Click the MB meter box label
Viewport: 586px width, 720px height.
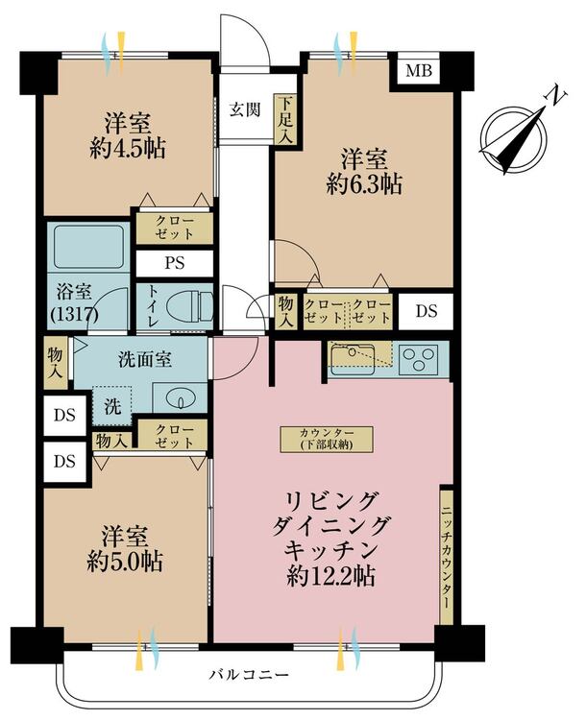pos(418,71)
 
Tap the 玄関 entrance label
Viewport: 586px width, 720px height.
pos(245,109)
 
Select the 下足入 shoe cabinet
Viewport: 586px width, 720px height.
pos(286,119)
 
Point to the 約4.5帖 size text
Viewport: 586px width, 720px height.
pos(128,148)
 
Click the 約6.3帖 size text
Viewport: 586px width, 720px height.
pos(364,183)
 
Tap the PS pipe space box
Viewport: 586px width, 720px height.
pos(175,263)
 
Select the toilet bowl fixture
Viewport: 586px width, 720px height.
pos(189,306)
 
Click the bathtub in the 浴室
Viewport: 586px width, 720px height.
pos(88,247)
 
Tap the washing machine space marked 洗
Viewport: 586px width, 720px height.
pos(112,406)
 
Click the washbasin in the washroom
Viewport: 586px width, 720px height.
pos(180,397)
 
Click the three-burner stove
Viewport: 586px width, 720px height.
pos(418,358)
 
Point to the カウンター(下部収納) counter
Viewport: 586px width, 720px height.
pos(327,439)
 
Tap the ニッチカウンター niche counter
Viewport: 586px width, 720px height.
pos(446,555)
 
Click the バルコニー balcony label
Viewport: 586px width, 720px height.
pos(250,675)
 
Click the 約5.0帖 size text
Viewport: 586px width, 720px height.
pos(125,561)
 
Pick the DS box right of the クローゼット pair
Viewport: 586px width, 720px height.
pos(427,312)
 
